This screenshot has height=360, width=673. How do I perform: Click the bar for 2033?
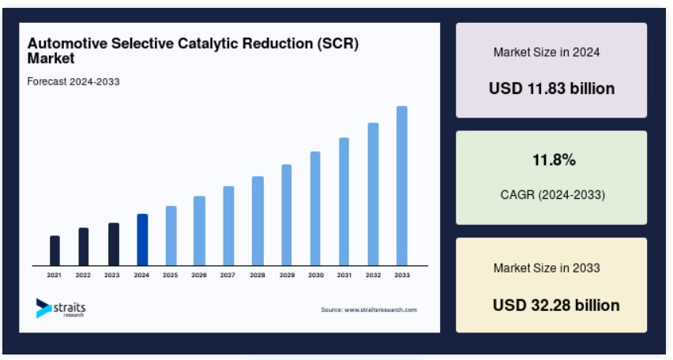pos(402,186)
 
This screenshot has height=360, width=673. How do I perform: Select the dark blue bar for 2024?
pos(142,240)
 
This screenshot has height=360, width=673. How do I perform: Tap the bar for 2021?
pos(55,250)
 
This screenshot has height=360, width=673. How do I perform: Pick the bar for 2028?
pos(258,221)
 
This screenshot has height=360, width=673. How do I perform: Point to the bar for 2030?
pos(315,208)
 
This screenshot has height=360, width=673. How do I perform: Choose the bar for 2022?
pos(84,246)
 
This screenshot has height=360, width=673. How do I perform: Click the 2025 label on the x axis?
pos(170,276)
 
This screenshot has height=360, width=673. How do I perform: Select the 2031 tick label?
pos(344,276)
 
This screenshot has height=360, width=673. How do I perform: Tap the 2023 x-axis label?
pos(112,276)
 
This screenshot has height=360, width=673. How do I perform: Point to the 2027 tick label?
pos(227,276)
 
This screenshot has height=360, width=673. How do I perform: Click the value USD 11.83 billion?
pos(551,88)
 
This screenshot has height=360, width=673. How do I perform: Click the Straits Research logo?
pos(61,308)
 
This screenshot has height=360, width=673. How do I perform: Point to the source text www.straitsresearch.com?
pos(369,310)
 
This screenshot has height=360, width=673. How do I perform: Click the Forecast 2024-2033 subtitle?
pos(73,81)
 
